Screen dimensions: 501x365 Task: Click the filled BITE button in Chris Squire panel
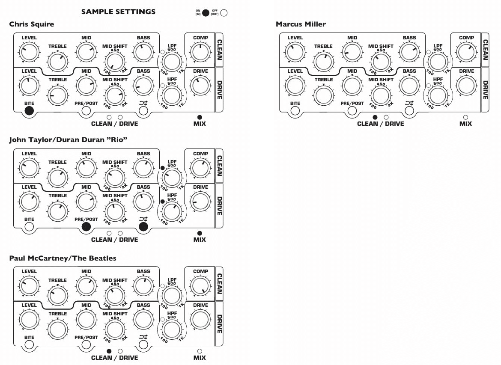pyautogui.click(x=29, y=111)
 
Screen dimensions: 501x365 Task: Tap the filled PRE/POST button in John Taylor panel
pyautogui.click(x=86, y=227)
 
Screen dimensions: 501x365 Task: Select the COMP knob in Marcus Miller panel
pyautogui.click(x=466, y=52)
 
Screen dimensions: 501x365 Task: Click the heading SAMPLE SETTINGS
pyautogui.click(x=118, y=12)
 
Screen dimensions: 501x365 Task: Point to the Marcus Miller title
pyautogui.click(x=301, y=24)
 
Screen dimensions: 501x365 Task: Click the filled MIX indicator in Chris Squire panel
pyautogui.click(x=200, y=117)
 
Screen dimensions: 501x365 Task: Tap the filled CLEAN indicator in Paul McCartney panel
pyautogui.click(x=109, y=351)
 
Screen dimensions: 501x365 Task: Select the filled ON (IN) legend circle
pyautogui.click(x=206, y=13)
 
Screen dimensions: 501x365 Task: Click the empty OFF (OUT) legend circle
pyautogui.click(x=224, y=13)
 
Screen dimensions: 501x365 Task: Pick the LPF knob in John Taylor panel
pyautogui.click(x=172, y=178)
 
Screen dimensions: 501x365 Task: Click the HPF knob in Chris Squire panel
pyautogui.click(x=172, y=95)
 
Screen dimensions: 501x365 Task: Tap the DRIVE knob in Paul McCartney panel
pyautogui.click(x=200, y=320)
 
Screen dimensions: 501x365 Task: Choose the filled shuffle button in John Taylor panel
pyautogui.click(x=143, y=227)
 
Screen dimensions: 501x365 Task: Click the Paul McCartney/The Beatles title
pyautogui.click(x=63, y=258)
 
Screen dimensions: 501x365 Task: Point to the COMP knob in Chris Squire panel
pyautogui.click(x=200, y=52)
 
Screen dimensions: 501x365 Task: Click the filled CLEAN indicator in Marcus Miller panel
pyautogui.click(x=375, y=117)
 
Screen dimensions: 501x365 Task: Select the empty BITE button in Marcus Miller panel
pyautogui.click(x=295, y=111)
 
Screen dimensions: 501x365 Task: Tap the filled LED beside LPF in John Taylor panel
pyautogui.click(x=163, y=168)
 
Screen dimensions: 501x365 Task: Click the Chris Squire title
pyautogui.click(x=32, y=24)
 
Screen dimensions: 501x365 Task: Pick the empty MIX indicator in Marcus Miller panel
pyautogui.click(x=465, y=117)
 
